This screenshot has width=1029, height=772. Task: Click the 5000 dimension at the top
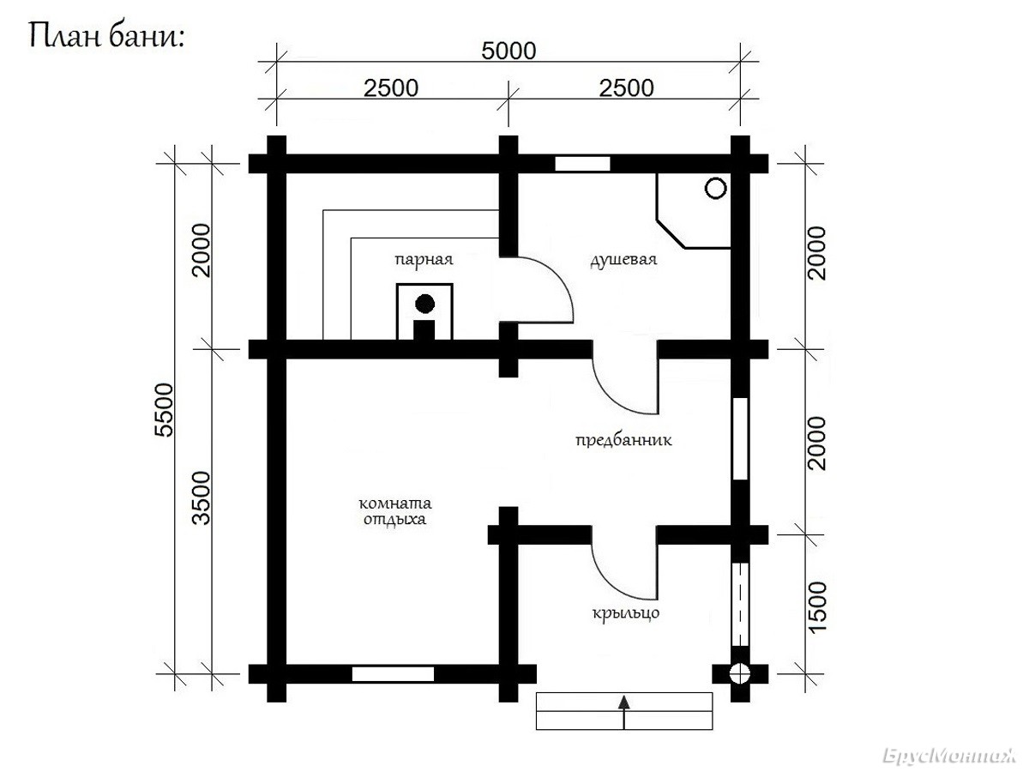click(508, 51)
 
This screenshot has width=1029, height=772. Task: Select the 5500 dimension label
click(164, 410)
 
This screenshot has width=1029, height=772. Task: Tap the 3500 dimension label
click(202, 498)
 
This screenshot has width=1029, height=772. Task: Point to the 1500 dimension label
click(817, 608)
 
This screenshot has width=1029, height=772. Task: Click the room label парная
click(424, 259)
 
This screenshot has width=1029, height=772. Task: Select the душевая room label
click(623, 260)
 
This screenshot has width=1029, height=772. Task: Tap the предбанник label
click(623, 440)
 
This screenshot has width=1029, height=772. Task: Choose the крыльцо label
click(626, 613)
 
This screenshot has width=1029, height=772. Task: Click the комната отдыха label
click(395, 512)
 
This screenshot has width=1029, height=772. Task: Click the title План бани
click(106, 36)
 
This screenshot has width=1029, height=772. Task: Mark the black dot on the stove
click(424, 304)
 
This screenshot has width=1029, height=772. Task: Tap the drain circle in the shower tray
click(716, 189)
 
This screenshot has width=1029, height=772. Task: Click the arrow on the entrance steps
click(623, 712)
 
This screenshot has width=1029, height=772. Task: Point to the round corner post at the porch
click(740, 674)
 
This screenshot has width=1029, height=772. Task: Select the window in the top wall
click(583, 164)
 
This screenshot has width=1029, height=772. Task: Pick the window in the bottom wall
click(393, 674)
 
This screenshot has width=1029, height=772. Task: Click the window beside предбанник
click(740, 438)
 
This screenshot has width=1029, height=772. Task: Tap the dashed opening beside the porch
click(740, 605)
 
